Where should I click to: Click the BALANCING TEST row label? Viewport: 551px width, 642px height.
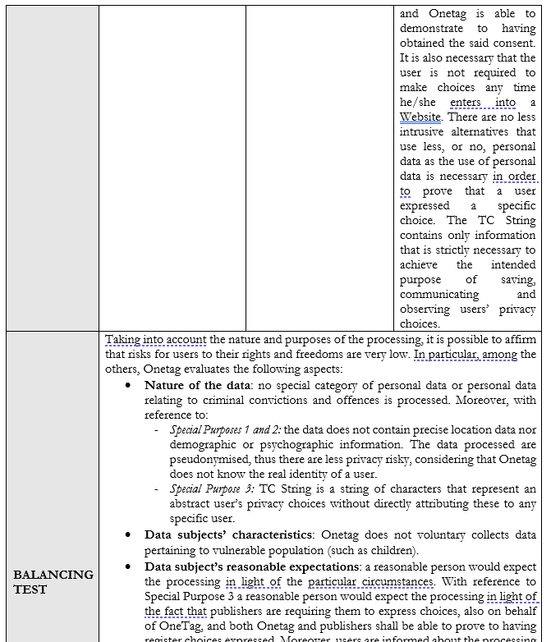[x=53, y=581]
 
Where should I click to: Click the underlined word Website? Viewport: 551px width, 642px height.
[x=420, y=117]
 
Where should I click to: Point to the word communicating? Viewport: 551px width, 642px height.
[x=439, y=294]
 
